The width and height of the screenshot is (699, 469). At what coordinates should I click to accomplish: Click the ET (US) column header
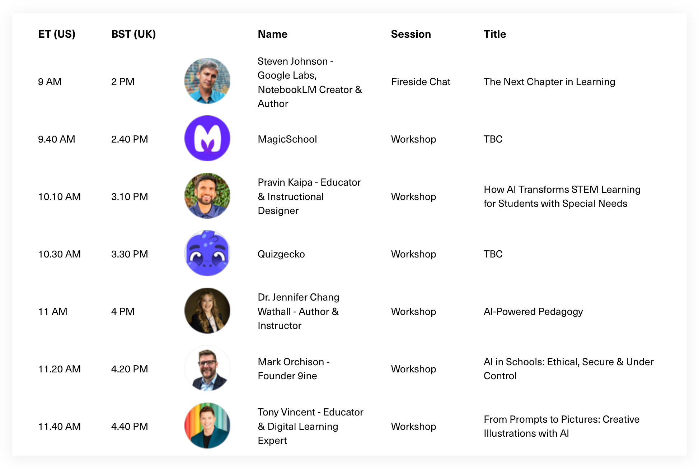[57, 34]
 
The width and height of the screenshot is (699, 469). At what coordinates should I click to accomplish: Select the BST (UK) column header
[133, 34]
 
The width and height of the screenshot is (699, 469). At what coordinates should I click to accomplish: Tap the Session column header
[411, 34]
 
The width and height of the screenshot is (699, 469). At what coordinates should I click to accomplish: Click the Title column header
[495, 34]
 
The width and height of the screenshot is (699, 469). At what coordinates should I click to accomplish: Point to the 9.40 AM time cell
[57, 139]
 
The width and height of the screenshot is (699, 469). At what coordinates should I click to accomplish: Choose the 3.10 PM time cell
[130, 196]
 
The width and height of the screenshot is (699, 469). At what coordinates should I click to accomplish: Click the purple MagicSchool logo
[207, 138]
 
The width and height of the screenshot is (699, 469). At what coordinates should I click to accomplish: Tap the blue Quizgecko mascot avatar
[207, 253]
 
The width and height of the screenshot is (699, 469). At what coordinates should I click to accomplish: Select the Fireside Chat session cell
[421, 82]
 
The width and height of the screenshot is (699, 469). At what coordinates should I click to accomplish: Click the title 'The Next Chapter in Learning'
[549, 82]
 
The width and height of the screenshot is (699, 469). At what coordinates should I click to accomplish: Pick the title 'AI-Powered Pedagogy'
[533, 312]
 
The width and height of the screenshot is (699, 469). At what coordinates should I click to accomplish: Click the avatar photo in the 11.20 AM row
[207, 368]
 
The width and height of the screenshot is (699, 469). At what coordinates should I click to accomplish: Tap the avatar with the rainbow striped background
[207, 426]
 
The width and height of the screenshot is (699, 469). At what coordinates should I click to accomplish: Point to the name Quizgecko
[281, 254]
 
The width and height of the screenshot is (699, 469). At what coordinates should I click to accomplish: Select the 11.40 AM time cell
[60, 426]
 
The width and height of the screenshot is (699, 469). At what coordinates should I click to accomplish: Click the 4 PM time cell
[123, 311]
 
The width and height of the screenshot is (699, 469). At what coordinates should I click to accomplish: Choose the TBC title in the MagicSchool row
[493, 139]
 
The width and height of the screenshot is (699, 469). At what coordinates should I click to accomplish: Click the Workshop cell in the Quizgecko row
[414, 254]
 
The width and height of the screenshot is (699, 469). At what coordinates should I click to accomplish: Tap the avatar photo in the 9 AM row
[207, 81]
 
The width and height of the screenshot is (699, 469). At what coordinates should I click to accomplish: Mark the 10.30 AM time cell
[60, 254]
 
